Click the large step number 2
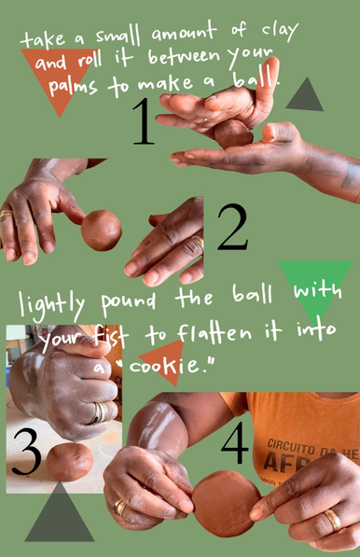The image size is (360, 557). pos(232,229)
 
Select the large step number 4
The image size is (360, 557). pos(234,444)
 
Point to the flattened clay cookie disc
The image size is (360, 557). pos(226,503)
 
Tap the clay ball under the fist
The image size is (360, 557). pos(71,460)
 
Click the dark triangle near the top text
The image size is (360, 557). pos(303,94)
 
